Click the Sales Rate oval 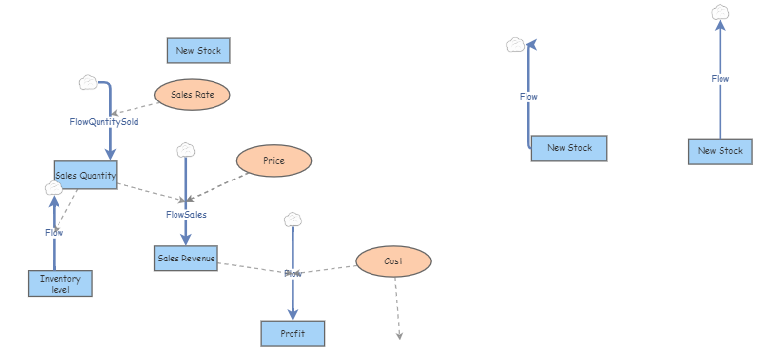click(192, 95)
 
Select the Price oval click(274, 161)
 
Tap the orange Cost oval click(393, 261)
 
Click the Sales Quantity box click(86, 176)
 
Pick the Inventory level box click(60, 283)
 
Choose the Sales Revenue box click(185, 259)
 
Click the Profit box click(292, 334)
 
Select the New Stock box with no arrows click(199, 50)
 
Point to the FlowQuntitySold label click(104, 122)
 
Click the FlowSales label click(186, 214)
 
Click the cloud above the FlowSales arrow click(186, 150)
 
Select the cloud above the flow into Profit click(292, 220)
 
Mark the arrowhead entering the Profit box click(292, 313)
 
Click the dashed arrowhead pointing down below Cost click(399, 336)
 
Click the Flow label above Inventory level click(54, 233)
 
